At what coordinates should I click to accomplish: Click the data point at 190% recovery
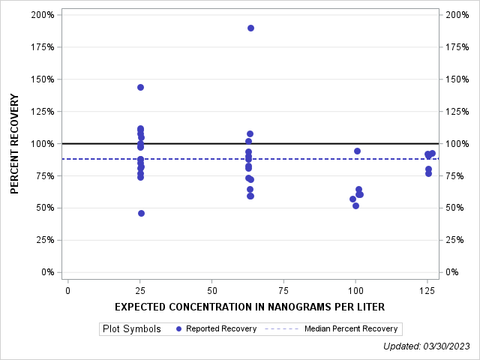tap(250, 28)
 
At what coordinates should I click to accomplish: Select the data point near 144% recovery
tap(140, 87)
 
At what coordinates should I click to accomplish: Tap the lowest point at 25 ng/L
tap(141, 213)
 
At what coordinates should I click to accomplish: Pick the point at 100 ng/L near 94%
tap(357, 151)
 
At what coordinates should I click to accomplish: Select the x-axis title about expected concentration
tap(250, 307)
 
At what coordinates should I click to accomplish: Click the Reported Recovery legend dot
tap(178, 328)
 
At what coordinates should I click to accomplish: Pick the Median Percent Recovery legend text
tap(352, 328)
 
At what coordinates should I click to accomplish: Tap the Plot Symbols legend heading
tap(131, 328)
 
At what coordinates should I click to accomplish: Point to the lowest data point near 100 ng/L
tap(355, 205)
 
